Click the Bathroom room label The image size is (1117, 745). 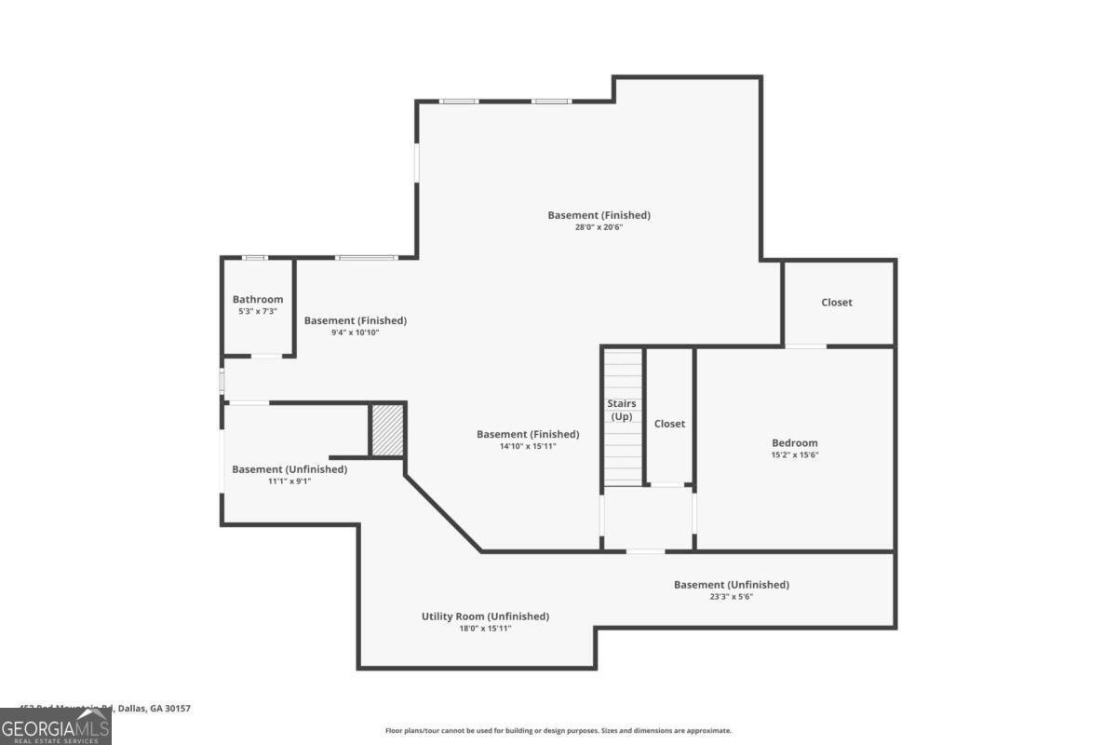pos(258,299)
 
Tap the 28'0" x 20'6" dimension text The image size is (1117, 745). pos(599,226)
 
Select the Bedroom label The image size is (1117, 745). pos(795,443)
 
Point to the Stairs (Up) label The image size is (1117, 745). pos(622,410)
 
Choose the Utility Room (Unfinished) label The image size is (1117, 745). pos(485,616)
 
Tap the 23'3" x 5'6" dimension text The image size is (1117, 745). pos(732,597)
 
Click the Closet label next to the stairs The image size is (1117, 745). pos(669,424)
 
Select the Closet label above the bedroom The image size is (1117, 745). pos(837,302)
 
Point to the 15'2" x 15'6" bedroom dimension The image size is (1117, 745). pos(795,455)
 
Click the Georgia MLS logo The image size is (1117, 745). pos(56,726)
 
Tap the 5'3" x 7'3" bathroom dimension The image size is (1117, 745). pos(258,311)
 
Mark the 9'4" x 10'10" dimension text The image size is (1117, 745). pos(356,332)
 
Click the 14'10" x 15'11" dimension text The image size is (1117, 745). pos(528,446)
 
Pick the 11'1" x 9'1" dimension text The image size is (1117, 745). pos(289,481)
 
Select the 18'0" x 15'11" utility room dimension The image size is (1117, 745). pos(485,629)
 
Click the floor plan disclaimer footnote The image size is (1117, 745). pos(558,731)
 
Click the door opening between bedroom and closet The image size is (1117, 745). pos(805,346)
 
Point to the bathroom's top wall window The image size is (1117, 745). pos(254,258)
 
